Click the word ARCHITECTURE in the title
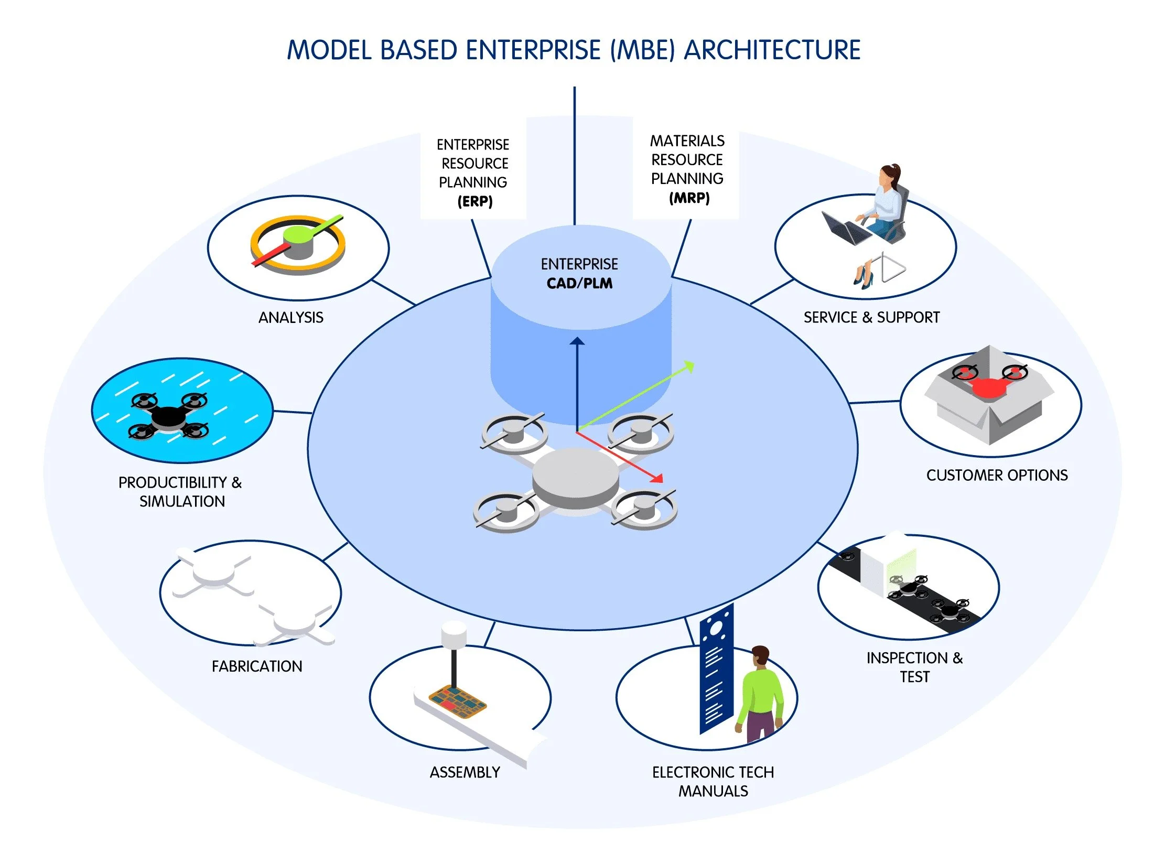772,50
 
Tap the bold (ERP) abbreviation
474,201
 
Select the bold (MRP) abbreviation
689,198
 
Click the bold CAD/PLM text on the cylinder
579,284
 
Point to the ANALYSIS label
291,318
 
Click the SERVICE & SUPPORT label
871,318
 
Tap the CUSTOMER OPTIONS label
997,476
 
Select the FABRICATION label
257,666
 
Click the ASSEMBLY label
465,772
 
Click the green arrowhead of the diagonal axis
690,366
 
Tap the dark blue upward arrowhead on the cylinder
577,341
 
